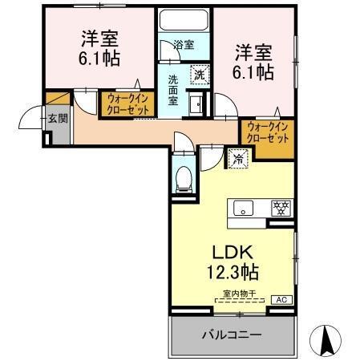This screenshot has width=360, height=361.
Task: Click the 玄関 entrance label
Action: [57, 118]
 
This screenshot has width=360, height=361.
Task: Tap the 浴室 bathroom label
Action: [184, 46]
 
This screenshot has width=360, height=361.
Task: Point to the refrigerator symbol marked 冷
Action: [237, 158]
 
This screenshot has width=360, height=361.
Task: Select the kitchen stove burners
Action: [281, 208]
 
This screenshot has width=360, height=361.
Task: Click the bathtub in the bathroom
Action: [184, 22]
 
